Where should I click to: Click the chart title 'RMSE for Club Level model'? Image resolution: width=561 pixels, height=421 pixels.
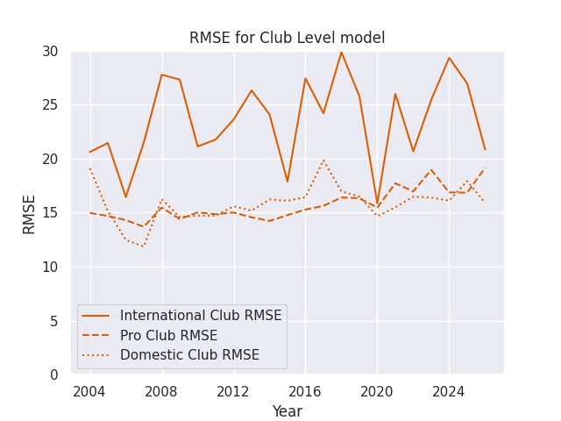click(287, 39)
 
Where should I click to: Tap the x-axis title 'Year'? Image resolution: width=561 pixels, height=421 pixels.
click(287, 411)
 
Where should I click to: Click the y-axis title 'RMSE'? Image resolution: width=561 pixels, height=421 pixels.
click(30, 213)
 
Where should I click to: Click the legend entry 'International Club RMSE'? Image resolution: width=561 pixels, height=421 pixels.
click(201, 316)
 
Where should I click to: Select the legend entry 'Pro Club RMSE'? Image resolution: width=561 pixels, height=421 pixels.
click(168, 336)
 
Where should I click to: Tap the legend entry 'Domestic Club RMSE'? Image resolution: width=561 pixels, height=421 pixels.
click(189, 355)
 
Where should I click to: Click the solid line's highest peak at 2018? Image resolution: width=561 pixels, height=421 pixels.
click(341, 52)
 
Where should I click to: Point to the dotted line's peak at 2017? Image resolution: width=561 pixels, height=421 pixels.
click(323, 160)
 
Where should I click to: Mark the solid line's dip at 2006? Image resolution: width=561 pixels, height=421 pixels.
click(125, 197)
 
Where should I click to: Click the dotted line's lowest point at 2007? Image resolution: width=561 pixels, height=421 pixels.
click(144, 246)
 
